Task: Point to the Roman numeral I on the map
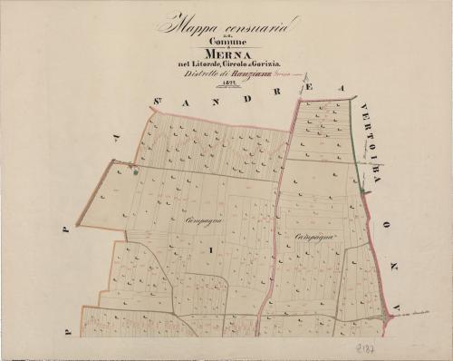pos(210,248)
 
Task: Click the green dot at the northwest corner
pos(135,170)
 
